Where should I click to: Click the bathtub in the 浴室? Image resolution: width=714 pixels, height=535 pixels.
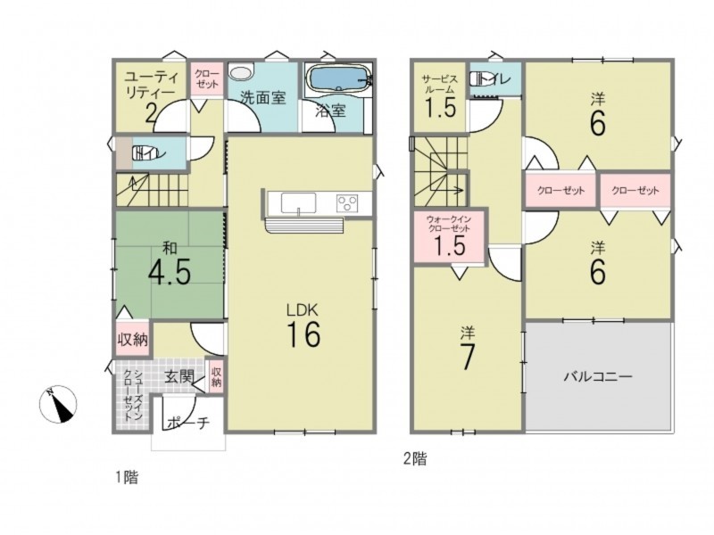click(x=338, y=79)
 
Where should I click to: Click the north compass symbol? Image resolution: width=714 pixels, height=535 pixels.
click(x=58, y=404)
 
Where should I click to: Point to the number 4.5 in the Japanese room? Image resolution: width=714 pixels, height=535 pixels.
click(x=170, y=272)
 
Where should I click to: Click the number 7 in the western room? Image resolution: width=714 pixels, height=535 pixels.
click(x=467, y=358)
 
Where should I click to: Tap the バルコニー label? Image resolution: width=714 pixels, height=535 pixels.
click(x=598, y=376)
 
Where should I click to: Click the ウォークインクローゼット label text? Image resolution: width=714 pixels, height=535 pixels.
click(x=449, y=224)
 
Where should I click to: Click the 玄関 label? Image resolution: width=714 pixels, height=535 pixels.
click(x=179, y=376)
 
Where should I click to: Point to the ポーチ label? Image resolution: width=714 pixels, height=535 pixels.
click(x=188, y=423)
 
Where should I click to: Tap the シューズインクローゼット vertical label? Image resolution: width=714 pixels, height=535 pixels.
click(x=132, y=394)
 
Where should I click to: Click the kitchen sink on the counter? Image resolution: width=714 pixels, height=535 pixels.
click(x=298, y=203)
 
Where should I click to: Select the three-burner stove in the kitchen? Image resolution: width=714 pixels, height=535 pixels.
click(x=347, y=203)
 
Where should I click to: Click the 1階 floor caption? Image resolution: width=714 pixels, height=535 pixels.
click(x=126, y=477)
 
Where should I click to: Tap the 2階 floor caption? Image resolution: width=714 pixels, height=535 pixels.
click(x=415, y=458)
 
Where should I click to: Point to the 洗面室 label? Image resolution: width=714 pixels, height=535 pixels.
click(x=262, y=98)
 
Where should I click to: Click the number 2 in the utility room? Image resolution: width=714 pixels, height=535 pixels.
click(x=151, y=113)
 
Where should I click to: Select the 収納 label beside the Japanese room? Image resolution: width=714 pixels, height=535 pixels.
click(x=133, y=339)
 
